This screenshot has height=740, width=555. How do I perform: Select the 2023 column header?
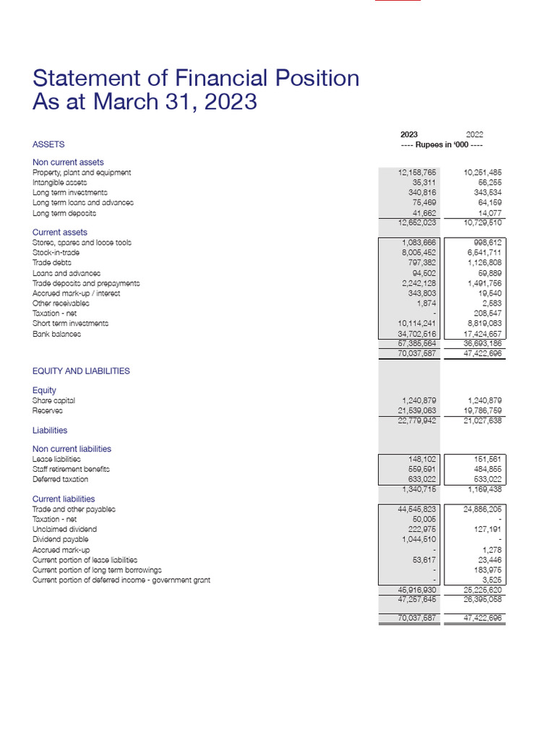409,134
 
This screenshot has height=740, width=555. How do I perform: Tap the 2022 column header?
474,134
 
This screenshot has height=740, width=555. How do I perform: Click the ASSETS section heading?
48,145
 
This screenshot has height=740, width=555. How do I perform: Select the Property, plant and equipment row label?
82,173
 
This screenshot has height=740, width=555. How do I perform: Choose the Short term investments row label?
70,324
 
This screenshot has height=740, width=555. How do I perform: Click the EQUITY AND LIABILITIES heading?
81,371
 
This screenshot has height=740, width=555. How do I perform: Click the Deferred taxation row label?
60,479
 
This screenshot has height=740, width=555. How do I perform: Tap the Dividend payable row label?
60,539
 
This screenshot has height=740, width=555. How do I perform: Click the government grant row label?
121,580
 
